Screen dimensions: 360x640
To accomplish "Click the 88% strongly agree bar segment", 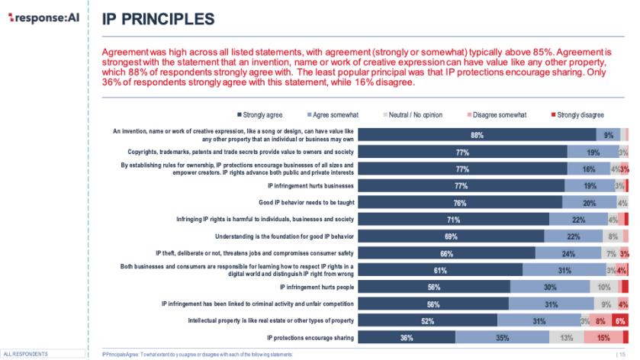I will [477, 135].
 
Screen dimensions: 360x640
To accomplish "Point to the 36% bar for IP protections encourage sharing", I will [407, 337].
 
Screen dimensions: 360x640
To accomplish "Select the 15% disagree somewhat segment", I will [603, 337].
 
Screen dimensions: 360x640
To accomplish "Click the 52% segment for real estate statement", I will [427, 320].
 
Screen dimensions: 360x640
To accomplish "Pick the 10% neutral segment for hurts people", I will [603, 287].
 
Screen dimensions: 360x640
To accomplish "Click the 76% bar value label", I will [460, 202].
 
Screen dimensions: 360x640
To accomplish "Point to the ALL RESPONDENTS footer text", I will [26, 355].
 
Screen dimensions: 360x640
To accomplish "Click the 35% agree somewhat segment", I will [502, 337].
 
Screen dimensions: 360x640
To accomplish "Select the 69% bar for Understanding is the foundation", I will [451, 236].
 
